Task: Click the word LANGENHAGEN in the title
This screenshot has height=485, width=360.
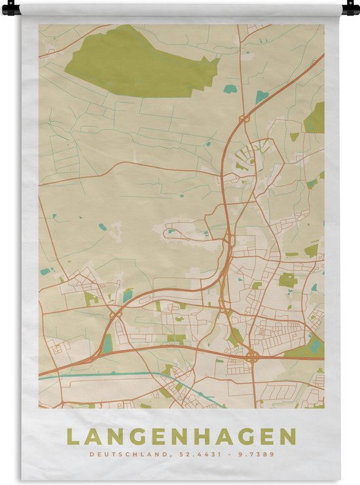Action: (x=180, y=437)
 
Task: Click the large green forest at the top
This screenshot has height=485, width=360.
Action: (x=137, y=62)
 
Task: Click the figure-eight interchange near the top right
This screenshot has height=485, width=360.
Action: (x=243, y=118)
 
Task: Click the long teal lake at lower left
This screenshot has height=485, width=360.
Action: (x=107, y=343)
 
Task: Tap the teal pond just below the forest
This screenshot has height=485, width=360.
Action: (x=230, y=88)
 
